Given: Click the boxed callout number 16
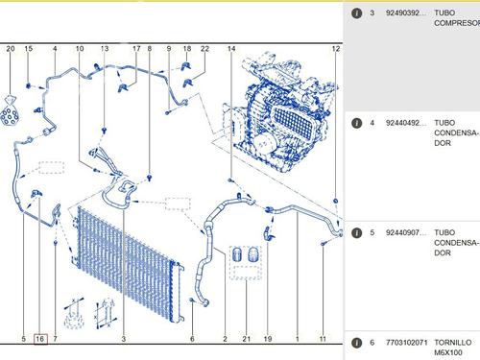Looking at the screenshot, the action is pyautogui.click(x=40, y=339).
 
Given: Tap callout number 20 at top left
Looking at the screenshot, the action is pyautogui.click(x=11, y=49).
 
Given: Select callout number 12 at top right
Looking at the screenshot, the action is pyautogui.click(x=335, y=49).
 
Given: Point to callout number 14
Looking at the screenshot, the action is pyautogui.click(x=231, y=49).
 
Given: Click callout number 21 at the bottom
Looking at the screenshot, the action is pyautogui.click(x=246, y=339).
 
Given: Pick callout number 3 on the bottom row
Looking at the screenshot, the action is pyautogui.click(x=124, y=339).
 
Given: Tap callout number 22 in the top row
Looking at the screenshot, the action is pyautogui.click(x=204, y=49).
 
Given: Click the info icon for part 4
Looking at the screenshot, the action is pyautogui.click(x=356, y=123).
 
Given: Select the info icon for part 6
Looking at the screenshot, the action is pyautogui.click(x=356, y=343).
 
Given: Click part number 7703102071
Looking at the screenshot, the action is pyautogui.click(x=406, y=343).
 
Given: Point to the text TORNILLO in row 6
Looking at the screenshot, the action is pyautogui.click(x=452, y=343).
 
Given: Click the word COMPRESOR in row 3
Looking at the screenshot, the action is pyautogui.click(x=457, y=23).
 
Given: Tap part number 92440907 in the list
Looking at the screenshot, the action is pyautogui.click(x=406, y=232).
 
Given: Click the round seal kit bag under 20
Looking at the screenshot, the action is pyautogui.click(x=10, y=112).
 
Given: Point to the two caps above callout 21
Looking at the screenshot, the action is pyautogui.click(x=246, y=254).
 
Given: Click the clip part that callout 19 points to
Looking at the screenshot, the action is pyautogui.click(x=269, y=233).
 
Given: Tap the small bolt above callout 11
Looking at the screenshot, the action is pyautogui.click(x=323, y=244).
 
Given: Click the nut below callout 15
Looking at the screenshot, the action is pyautogui.click(x=29, y=85).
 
